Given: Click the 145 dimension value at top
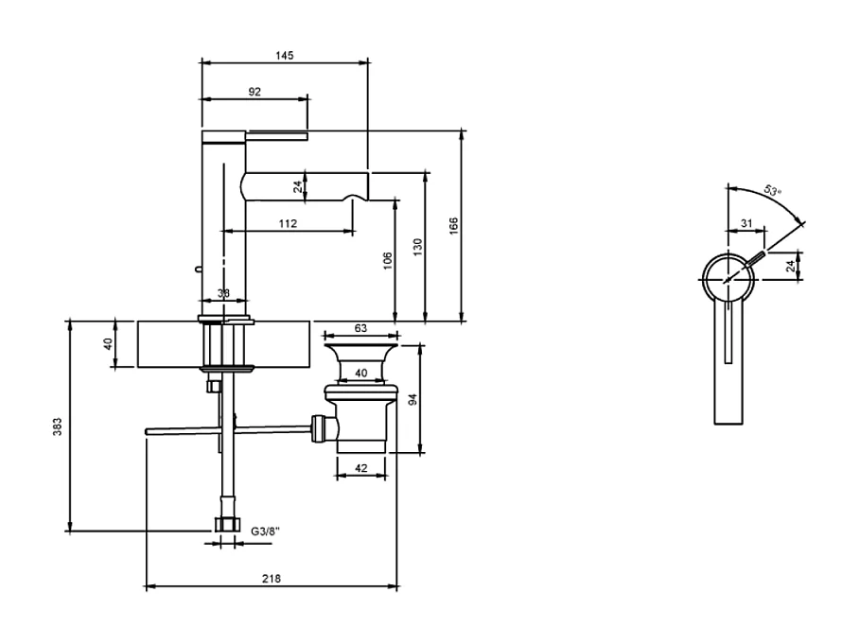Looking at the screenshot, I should (x=285, y=56).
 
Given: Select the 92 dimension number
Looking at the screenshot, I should (x=254, y=92).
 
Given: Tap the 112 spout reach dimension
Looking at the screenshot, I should (x=289, y=224).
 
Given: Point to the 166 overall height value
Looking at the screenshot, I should (x=453, y=225).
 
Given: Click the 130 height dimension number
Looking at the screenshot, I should (x=417, y=246).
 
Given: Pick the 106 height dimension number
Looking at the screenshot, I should (x=387, y=260).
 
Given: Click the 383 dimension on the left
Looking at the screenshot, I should (x=59, y=426).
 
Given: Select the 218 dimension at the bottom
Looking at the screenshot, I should (x=272, y=579).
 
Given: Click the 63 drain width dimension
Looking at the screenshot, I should (x=360, y=327).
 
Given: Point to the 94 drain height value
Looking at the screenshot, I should (x=412, y=399).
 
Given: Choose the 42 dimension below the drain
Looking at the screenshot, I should (x=360, y=467).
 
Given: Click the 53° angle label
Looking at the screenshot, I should (x=772, y=192).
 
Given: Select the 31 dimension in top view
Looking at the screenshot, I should (x=746, y=223).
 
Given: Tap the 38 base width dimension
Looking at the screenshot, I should (x=224, y=294).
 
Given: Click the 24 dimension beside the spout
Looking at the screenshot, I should (x=298, y=187).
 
